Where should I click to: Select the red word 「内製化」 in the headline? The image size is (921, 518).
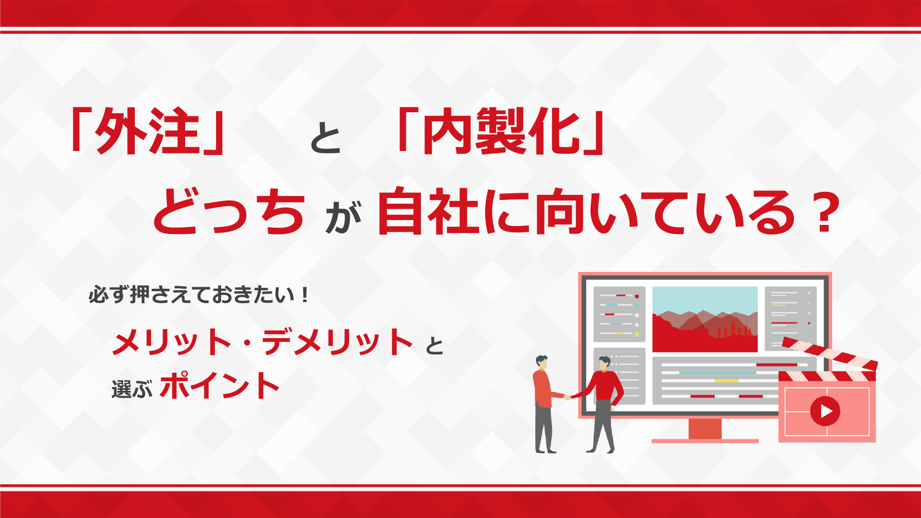(x=501, y=130)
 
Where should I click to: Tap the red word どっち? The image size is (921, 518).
(x=229, y=211)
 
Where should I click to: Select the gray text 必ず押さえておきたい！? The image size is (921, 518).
(x=198, y=294)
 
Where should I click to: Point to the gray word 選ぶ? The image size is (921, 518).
(x=132, y=388)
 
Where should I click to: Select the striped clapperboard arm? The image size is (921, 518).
(x=829, y=353)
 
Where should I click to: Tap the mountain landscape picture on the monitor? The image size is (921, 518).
(x=705, y=319)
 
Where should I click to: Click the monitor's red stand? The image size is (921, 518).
(x=705, y=430)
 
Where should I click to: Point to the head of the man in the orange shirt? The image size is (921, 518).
(x=542, y=362)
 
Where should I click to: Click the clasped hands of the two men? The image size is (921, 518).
(x=567, y=397)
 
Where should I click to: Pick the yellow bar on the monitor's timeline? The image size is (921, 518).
(x=727, y=380)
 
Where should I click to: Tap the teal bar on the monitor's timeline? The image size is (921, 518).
(x=718, y=372)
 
